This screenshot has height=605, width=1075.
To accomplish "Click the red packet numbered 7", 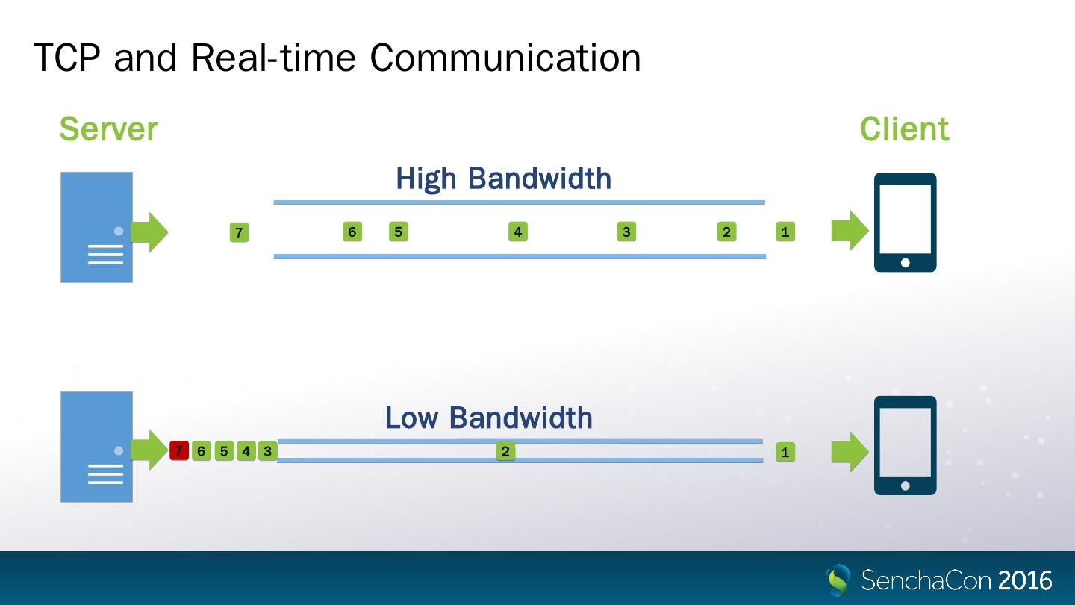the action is (x=178, y=451).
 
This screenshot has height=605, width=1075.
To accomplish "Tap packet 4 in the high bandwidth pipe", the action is (x=517, y=232).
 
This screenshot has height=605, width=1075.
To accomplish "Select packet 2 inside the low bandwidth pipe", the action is (x=505, y=451).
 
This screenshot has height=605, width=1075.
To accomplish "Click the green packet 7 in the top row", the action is (x=239, y=233).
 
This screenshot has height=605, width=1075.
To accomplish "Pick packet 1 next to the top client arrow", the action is (x=785, y=232).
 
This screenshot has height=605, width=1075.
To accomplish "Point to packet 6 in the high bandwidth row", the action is (x=352, y=232).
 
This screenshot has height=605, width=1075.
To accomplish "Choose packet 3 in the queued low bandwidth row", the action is (x=267, y=451).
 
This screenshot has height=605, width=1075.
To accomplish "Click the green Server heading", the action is (x=108, y=129).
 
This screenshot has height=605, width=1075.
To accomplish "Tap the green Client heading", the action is (x=904, y=129).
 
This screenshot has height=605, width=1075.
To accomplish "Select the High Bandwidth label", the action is (x=503, y=179).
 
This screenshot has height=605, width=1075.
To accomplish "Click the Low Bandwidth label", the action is (x=489, y=418).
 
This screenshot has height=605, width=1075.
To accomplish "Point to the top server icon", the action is (x=96, y=227).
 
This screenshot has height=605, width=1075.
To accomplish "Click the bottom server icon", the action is (x=96, y=447).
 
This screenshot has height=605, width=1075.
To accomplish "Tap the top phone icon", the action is (x=905, y=223).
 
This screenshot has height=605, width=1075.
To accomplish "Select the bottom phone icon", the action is (x=905, y=445).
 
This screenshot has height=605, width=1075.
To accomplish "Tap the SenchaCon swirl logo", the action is (x=839, y=580).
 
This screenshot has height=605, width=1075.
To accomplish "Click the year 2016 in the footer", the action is (x=1024, y=580).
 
